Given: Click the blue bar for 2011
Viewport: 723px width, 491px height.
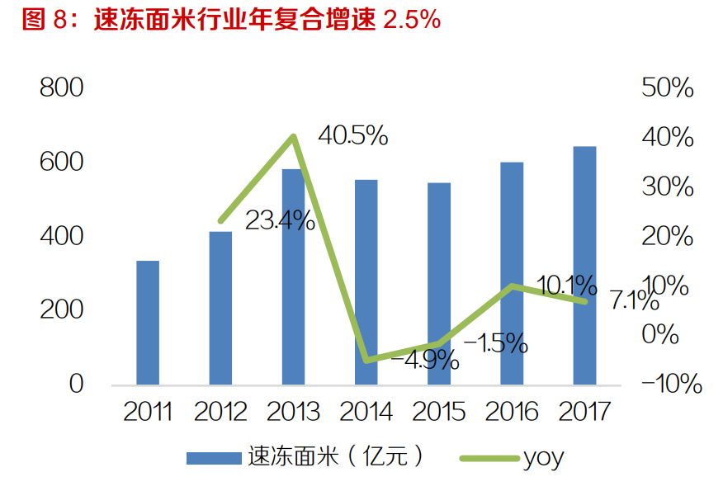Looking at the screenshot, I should (x=148, y=323).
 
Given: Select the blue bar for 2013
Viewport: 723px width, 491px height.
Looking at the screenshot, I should (x=293, y=276).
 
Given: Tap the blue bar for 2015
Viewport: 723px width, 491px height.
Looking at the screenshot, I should (x=439, y=283).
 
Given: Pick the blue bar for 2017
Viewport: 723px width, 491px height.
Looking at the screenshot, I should (x=584, y=265).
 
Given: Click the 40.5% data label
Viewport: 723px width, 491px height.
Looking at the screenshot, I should (x=353, y=136).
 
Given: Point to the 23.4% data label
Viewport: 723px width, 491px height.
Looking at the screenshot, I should (x=280, y=220).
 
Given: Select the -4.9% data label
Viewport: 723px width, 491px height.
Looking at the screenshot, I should (x=424, y=360).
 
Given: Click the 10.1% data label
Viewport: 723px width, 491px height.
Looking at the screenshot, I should (x=566, y=286).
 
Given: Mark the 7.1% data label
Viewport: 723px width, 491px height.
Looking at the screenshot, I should (x=634, y=301).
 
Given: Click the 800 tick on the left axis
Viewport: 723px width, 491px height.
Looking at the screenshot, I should (x=62, y=88).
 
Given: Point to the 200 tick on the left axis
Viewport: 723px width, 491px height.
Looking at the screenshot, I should (x=62, y=310).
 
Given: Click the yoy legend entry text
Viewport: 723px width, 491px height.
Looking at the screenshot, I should (x=543, y=458).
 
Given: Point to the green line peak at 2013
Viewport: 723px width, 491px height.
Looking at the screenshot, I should (x=293, y=136).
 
